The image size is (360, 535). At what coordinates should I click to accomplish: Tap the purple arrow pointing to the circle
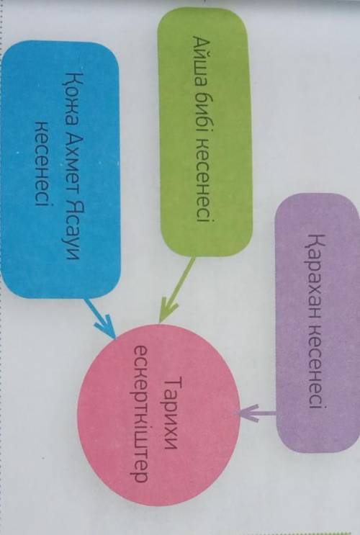256,413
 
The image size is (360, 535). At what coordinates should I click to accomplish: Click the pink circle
158,415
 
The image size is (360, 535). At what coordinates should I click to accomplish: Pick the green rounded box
204,132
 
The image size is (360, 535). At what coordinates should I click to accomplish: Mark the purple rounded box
317,322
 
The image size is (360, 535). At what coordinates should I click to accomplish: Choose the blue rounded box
60,169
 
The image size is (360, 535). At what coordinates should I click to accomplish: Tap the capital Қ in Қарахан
316,241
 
